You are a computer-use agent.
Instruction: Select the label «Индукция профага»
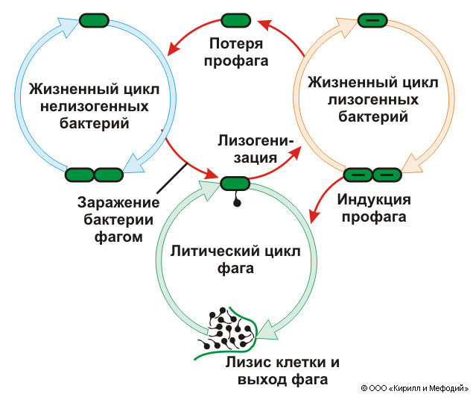click(372, 209)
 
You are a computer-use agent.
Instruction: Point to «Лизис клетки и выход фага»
click(282, 371)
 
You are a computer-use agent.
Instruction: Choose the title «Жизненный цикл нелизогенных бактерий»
click(89, 105)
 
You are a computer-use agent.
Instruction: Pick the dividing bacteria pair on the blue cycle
click(93, 175)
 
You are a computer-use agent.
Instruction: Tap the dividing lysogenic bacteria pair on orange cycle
click(372, 175)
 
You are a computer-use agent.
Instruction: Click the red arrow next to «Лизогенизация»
click(279, 166)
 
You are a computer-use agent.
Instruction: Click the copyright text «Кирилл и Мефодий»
click(428, 388)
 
